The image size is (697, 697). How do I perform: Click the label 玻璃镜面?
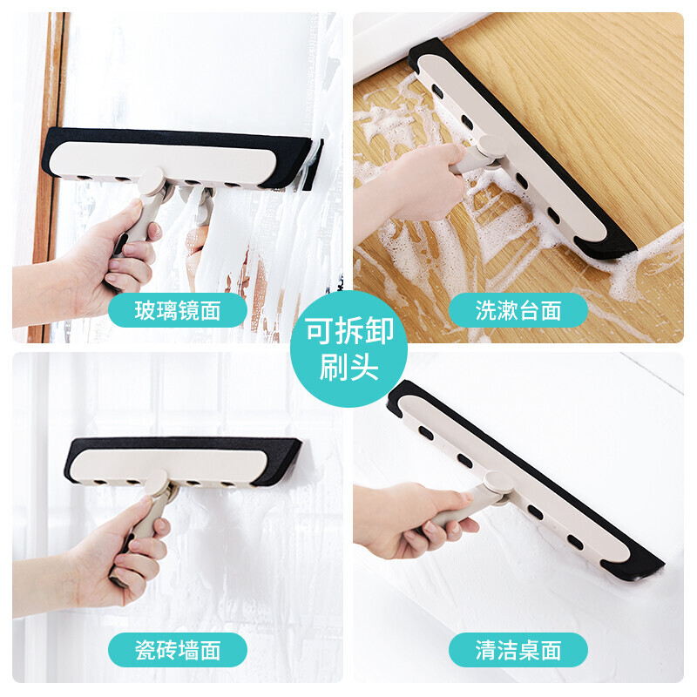pos(178,310)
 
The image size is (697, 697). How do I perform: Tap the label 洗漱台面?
pos(518,310)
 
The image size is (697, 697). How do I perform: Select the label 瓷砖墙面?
pos(178,650)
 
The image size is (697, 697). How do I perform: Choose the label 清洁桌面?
pos(518,650)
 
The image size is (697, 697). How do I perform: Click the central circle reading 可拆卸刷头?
pos(349,349)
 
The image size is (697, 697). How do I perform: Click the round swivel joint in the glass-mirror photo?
pos(151,181)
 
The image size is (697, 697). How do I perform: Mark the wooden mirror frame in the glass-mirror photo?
pos(48,178)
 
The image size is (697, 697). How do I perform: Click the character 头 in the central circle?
pos(364,367)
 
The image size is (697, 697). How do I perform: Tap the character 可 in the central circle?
pos(319,331)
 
